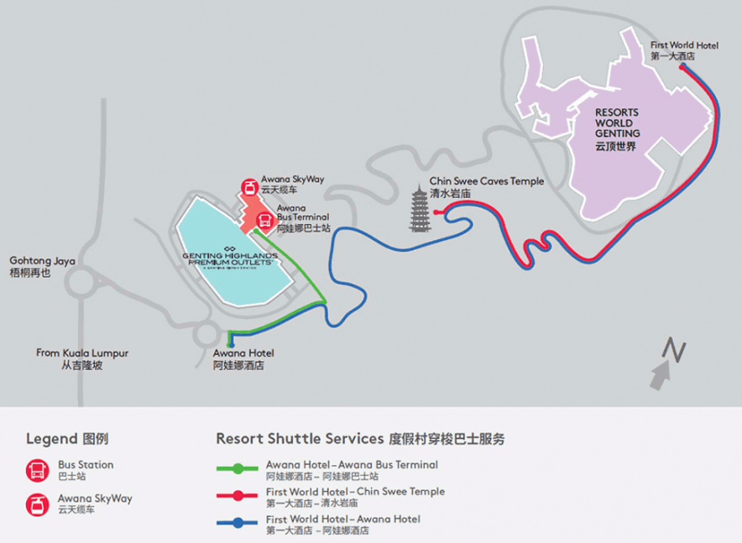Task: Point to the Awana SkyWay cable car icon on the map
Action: point(249,187)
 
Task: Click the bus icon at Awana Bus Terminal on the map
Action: point(263,222)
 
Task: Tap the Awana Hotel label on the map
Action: point(243,359)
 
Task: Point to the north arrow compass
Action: point(668,362)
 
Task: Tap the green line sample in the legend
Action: point(238,467)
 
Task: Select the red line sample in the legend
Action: point(238,495)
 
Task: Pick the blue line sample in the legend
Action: point(238,523)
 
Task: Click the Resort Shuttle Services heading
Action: point(361,438)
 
